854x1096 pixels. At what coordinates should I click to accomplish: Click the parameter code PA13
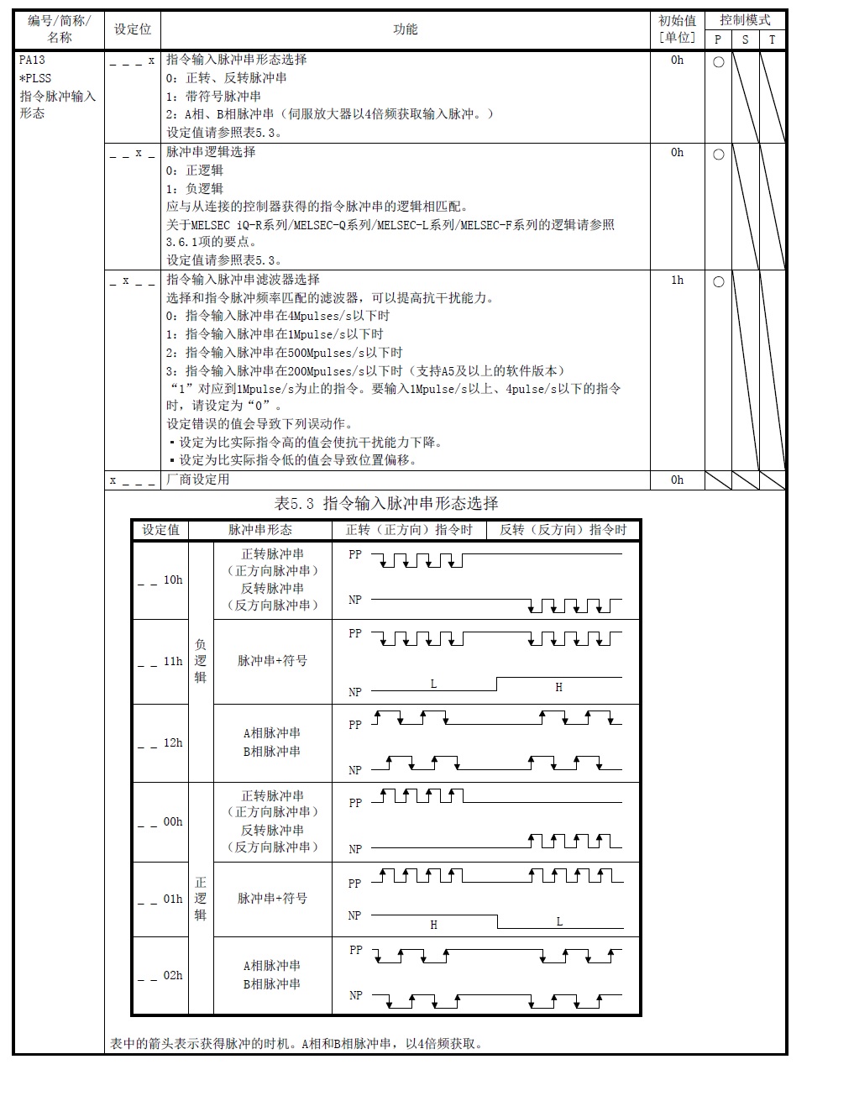click(x=32, y=60)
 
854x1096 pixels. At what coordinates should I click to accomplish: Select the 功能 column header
click(x=405, y=29)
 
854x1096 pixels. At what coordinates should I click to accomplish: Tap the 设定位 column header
click(x=133, y=29)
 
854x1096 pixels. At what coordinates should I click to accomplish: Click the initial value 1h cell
click(x=677, y=281)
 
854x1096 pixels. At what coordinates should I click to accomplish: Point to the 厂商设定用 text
click(x=198, y=480)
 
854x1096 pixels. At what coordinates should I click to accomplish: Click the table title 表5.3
click(x=386, y=504)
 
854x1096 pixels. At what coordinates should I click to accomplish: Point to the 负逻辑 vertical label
click(x=201, y=661)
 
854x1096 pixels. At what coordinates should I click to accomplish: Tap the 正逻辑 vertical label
click(x=201, y=899)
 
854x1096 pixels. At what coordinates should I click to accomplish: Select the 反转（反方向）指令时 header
click(x=563, y=530)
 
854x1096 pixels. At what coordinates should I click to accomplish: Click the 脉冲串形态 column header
click(x=260, y=530)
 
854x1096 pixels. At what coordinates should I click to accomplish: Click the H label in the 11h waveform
click(x=558, y=687)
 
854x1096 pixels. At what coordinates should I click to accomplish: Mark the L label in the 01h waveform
click(x=559, y=921)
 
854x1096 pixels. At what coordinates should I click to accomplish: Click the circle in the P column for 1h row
click(x=718, y=281)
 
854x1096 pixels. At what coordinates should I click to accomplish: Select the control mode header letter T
click(x=772, y=39)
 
